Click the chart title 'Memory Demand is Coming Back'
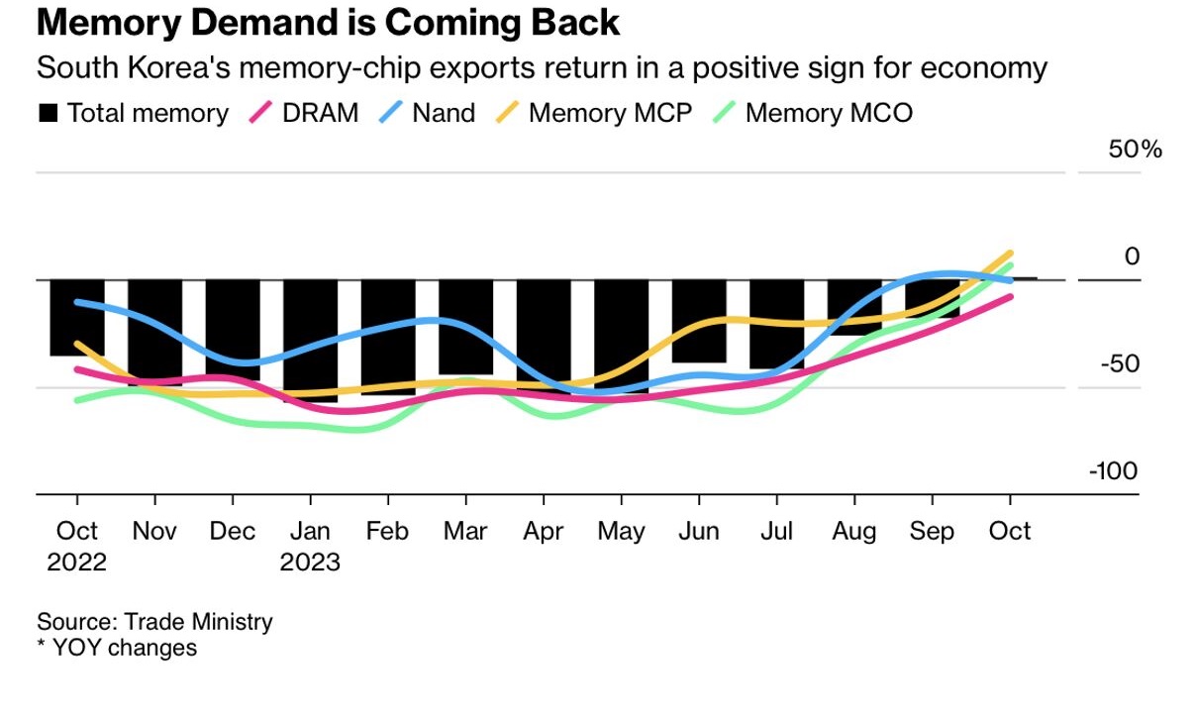(x=328, y=22)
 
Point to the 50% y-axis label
(x=1135, y=150)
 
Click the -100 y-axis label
(x=1113, y=471)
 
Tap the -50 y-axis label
(x=1118, y=364)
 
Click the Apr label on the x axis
(x=543, y=532)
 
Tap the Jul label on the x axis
(x=776, y=532)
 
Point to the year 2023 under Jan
(x=310, y=563)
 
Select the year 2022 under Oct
(x=76, y=563)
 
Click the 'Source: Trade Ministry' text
(x=154, y=622)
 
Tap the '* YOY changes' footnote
(x=117, y=648)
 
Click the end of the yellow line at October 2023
(x=1010, y=254)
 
